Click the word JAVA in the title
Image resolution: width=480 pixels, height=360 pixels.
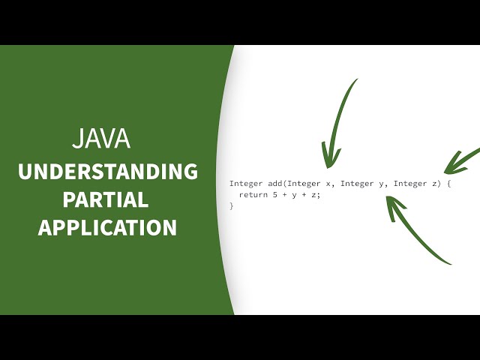(x=100, y=139)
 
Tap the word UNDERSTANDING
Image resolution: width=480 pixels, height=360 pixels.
(x=108, y=172)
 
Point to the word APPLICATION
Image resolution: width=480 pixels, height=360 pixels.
(x=108, y=227)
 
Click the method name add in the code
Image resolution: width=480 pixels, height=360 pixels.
(x=274, y=184)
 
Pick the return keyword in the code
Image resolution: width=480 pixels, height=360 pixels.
(x=253, y=195)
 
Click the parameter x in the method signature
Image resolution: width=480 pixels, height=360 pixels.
(x=327, y=184)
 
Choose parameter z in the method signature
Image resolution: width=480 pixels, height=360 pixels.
(x=436, y=184)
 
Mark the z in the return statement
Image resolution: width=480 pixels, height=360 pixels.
(x=316, y=195)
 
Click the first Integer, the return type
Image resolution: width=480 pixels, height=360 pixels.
(x=246, y=184)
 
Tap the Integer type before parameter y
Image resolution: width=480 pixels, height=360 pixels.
(x=356, y=184)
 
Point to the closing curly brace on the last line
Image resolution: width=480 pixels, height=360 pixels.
(x=232, y=205)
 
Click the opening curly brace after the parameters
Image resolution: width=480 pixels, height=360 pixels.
(x=448, y=184)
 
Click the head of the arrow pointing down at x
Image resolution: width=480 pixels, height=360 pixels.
(x=328, y=160)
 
